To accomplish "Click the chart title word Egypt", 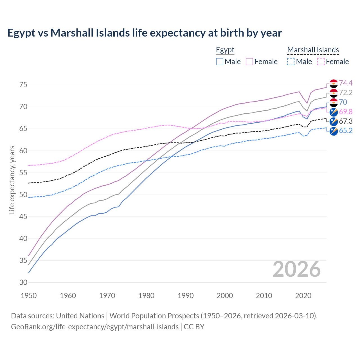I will click(x=21, y=33).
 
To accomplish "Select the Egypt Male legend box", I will click(x=220, y=62).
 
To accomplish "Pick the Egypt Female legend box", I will click(x=249, y=62).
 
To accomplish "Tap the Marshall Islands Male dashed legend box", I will click(x=291, y=62).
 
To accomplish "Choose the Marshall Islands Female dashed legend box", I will click(x=321, y=62).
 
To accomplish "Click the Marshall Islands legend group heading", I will click(x=313, y=50).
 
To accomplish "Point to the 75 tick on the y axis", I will click(x=23, y=85).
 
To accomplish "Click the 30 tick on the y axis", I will click(x=23, y=282).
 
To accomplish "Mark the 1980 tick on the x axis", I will click(x=146, y=296).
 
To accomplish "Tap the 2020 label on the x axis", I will click(x=303, y=296).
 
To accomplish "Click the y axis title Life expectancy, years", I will click(x=12, y=180).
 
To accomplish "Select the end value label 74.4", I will click(x=346, y=83).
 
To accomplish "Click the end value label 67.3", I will click(x=346, y=121).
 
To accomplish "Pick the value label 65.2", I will click(x=346, y=131).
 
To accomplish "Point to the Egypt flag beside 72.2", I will click(x=334, y=93).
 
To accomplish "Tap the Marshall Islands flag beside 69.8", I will click(x=334, y=112).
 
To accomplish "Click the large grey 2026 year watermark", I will click(x=296, y=269).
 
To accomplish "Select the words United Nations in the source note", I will click(x=80, y=316).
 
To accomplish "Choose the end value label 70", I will click(x=343, y=102).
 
